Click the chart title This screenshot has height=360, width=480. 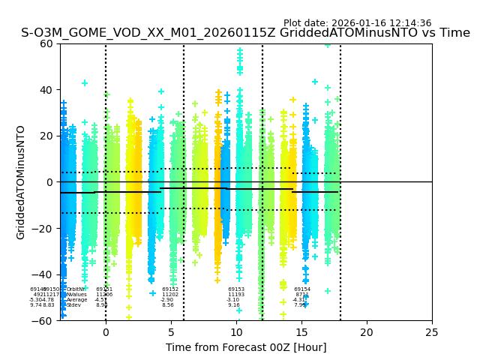[245, 33]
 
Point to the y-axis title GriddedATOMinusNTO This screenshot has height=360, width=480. [21, 182]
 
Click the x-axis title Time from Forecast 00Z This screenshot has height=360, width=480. [246, 347]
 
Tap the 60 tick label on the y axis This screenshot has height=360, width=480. [47, 43]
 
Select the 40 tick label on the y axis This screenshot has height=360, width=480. [47, 90]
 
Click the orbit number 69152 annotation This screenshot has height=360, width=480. [170, 289]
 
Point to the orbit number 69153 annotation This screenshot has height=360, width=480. [236, 289]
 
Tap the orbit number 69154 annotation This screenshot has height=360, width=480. [302, 289]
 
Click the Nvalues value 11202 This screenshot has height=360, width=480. [170, 295]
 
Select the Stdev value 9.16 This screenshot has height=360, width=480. [234, 305]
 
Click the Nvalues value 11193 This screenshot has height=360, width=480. [236, 295]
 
